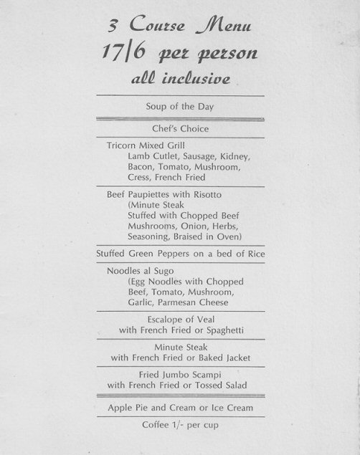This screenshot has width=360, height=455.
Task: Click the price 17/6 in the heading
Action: [x=128, y=54]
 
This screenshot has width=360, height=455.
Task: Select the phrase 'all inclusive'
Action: [x=179, y=80]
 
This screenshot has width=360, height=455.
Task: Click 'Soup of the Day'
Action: [x=180, y=106]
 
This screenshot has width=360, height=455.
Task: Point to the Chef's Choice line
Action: [x=180, y=128]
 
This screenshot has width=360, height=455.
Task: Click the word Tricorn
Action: [x=123, y=145]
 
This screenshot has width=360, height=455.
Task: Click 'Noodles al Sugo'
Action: [x=141, y=272]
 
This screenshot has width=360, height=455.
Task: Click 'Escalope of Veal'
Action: [x=180, y=319]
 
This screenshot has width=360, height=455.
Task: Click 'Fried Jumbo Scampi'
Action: [x=180, y=375]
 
